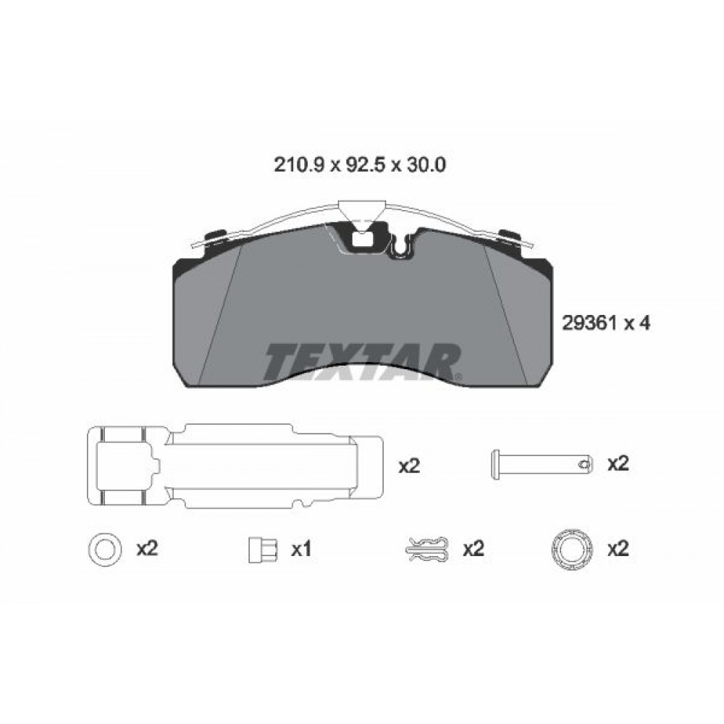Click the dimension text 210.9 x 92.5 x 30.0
click(360, 164)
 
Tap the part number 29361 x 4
click(605, 323)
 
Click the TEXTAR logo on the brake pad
click(363, 361)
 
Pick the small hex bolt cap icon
click(263, 550)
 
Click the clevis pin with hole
click(541, 465)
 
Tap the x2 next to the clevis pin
click(618, 464)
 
